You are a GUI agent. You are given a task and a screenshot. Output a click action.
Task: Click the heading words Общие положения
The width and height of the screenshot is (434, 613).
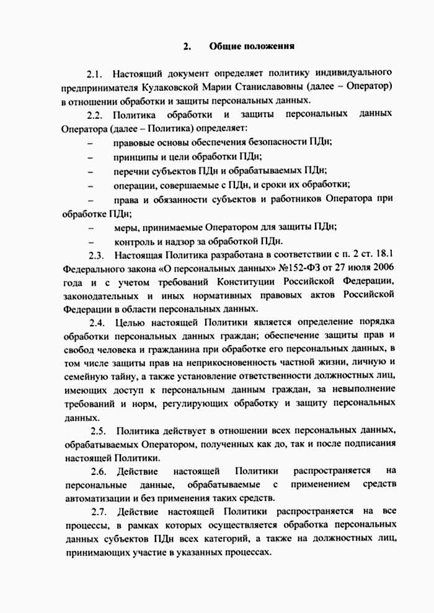[x=252, y=46]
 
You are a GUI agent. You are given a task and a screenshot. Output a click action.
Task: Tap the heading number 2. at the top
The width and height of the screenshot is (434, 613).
[x=186, y=46]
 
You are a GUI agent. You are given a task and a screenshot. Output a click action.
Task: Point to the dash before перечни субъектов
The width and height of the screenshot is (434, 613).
[x=91, y=170]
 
